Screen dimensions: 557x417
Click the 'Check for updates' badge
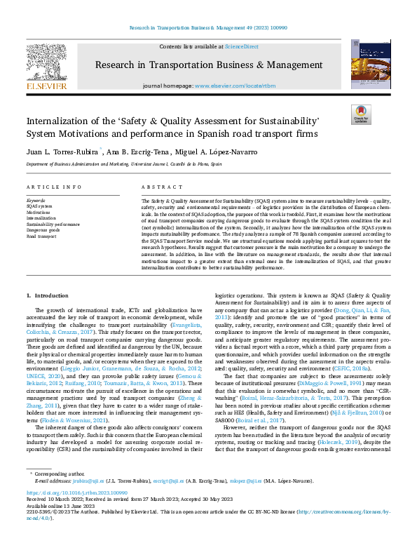pyautogui.click(x=362, y=115)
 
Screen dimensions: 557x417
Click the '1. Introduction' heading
pyautogui.click(x=48, y=297)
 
